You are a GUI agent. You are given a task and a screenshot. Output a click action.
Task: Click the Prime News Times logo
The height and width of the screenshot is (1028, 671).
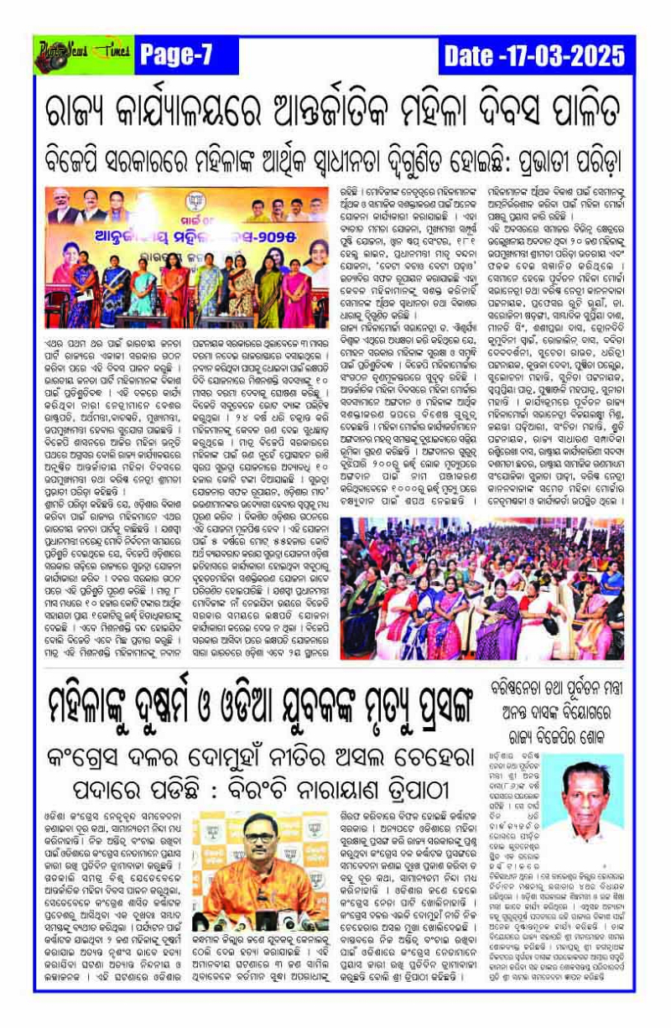[82, 56]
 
